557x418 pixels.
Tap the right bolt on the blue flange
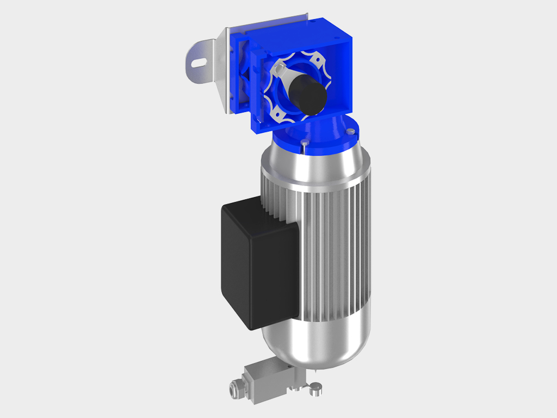[x=352, y=131]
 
